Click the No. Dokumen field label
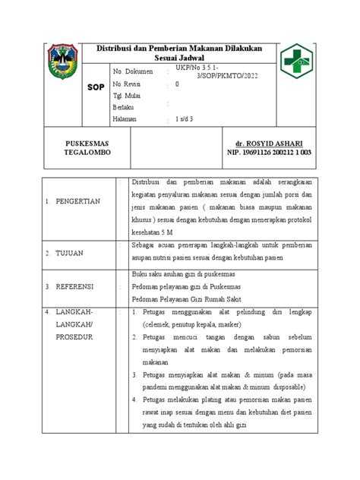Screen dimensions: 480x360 pyautogui.click(x=132, y=71)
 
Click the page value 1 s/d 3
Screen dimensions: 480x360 pyautogui.click(x=185, y=120)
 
